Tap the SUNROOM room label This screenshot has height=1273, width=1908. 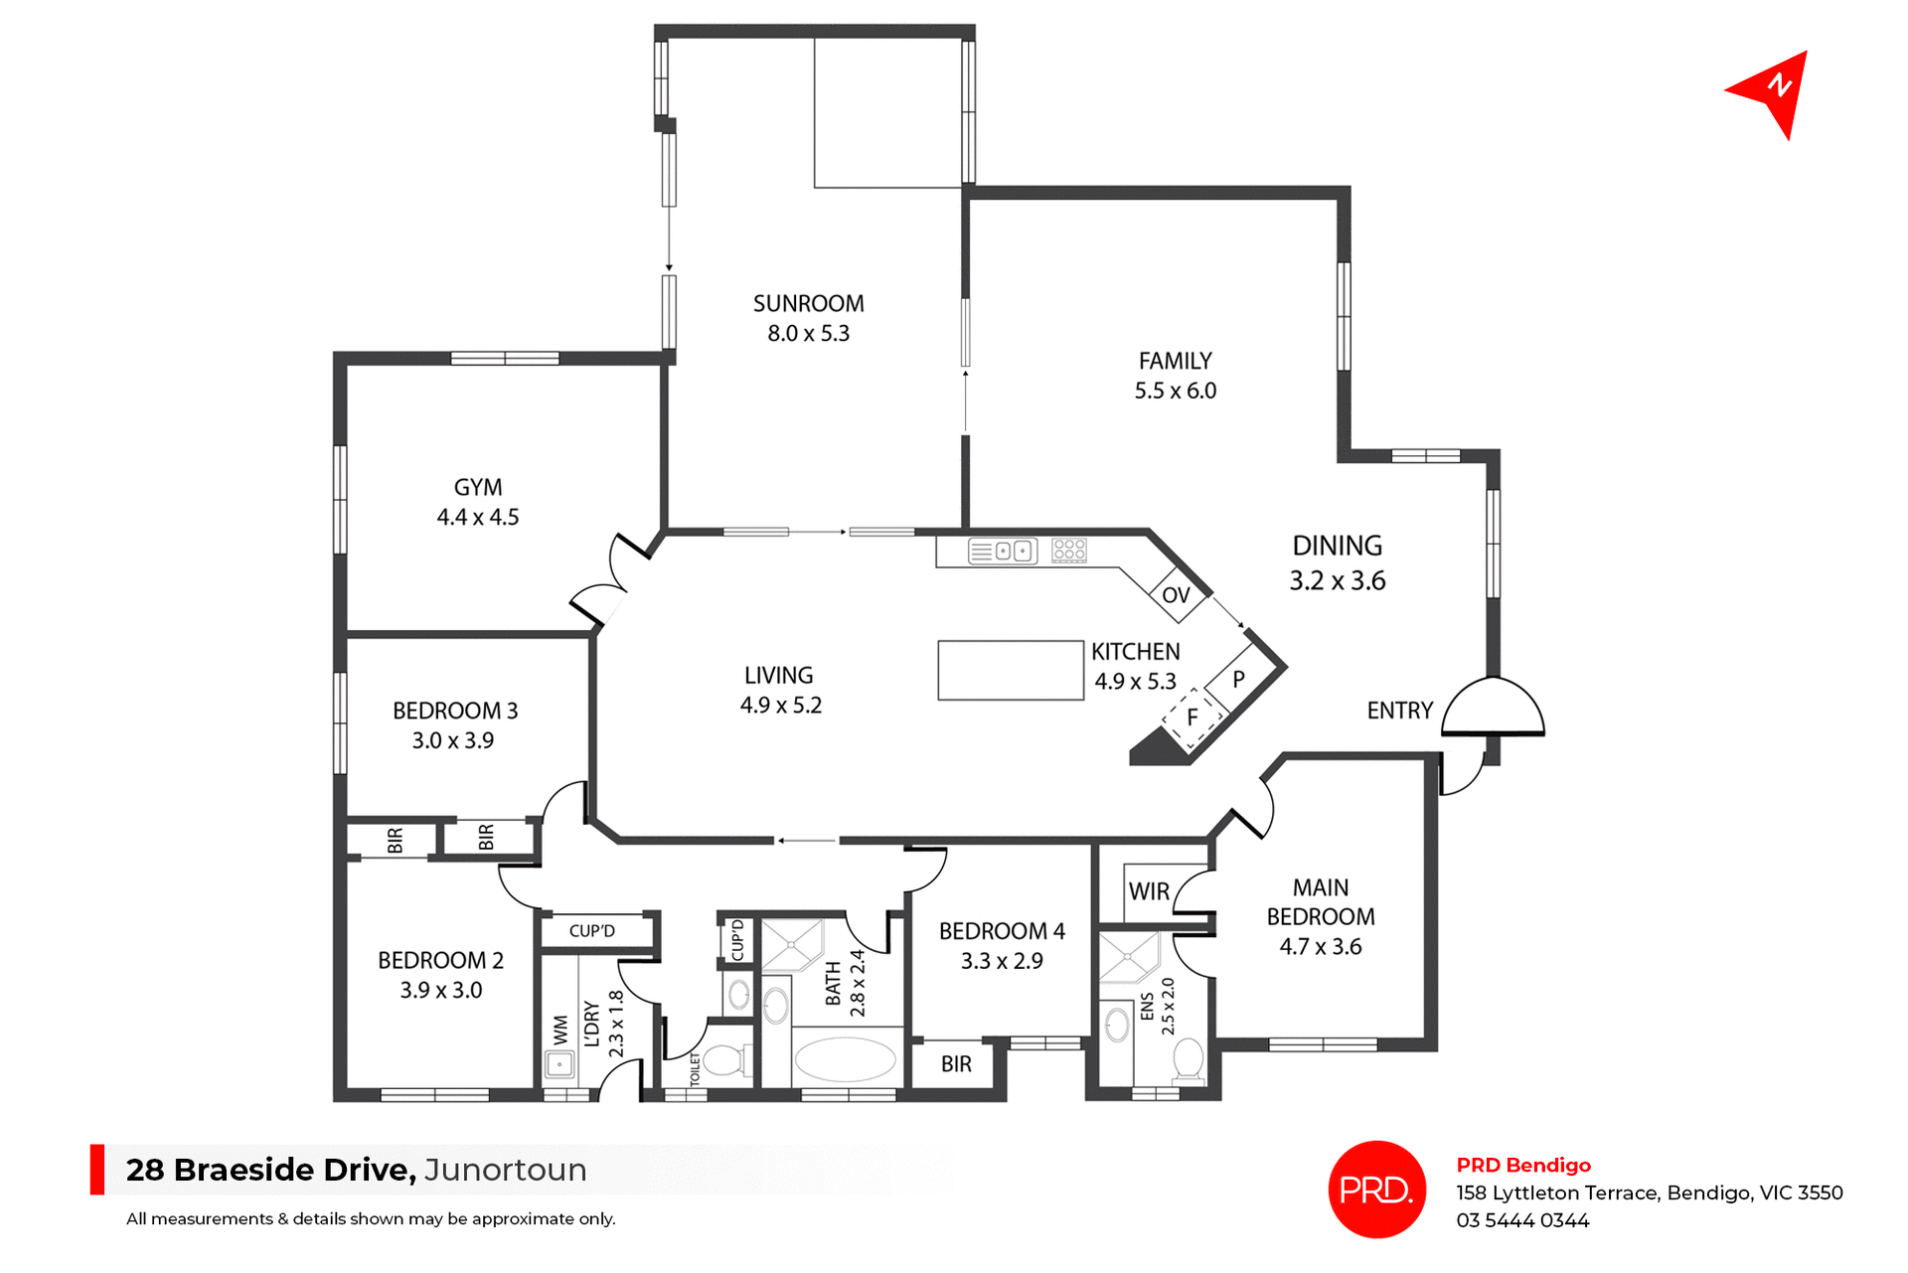808,304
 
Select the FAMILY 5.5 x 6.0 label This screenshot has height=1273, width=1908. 1176,376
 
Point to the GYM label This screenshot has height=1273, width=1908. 478,488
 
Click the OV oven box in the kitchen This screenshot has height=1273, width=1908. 1177,595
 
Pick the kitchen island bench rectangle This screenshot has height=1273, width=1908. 1011,671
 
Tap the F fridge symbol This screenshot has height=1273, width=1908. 1192,717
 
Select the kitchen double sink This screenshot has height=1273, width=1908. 1003,551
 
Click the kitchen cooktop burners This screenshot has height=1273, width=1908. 1069,550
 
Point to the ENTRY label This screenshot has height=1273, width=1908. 1399,712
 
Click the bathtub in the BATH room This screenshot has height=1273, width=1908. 846,1059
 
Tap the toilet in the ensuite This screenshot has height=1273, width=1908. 1189,1060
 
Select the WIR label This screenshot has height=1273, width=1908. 1149,892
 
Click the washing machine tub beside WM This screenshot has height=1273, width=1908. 559,1065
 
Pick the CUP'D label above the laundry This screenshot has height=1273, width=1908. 592,931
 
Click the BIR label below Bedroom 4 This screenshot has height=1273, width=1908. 956,1065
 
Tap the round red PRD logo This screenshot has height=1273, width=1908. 1376,1190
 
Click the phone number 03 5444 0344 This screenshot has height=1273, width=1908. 1522,1220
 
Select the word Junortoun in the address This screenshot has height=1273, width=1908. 506,1170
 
